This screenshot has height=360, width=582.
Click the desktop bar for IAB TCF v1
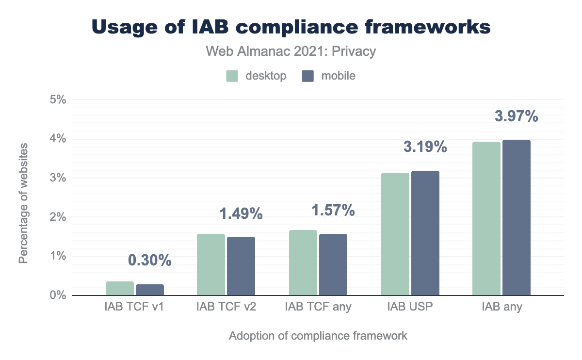point(120,289)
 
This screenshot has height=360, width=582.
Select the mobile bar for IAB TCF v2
point(241,266)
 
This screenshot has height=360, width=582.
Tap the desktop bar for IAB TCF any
point(303,262)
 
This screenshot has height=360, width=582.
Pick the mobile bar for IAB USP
point(425,233)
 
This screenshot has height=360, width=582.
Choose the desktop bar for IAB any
point(486,218)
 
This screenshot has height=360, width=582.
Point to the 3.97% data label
point(516,117)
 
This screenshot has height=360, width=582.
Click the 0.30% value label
point(150,261)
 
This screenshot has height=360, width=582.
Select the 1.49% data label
point(241,213)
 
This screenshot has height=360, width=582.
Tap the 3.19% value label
point(425,147)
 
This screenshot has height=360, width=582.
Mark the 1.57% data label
point(333,211)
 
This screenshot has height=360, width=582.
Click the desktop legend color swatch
point(232,76)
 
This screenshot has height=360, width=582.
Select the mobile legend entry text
point(338,76)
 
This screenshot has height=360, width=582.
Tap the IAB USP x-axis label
point(410,307)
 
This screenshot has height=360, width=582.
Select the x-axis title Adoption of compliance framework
point(318,336)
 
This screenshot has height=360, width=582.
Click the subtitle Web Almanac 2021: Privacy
point(291,51)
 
